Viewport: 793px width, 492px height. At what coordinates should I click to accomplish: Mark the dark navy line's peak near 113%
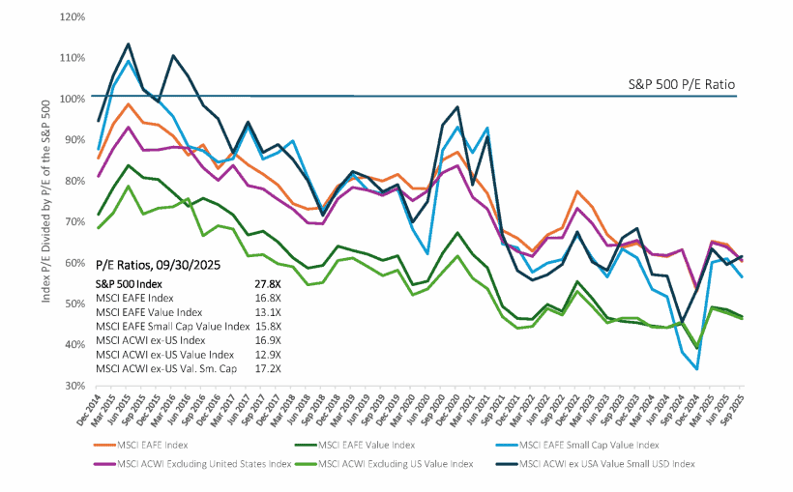[129, 44]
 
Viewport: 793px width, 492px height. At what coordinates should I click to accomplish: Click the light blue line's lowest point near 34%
[697, 368]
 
